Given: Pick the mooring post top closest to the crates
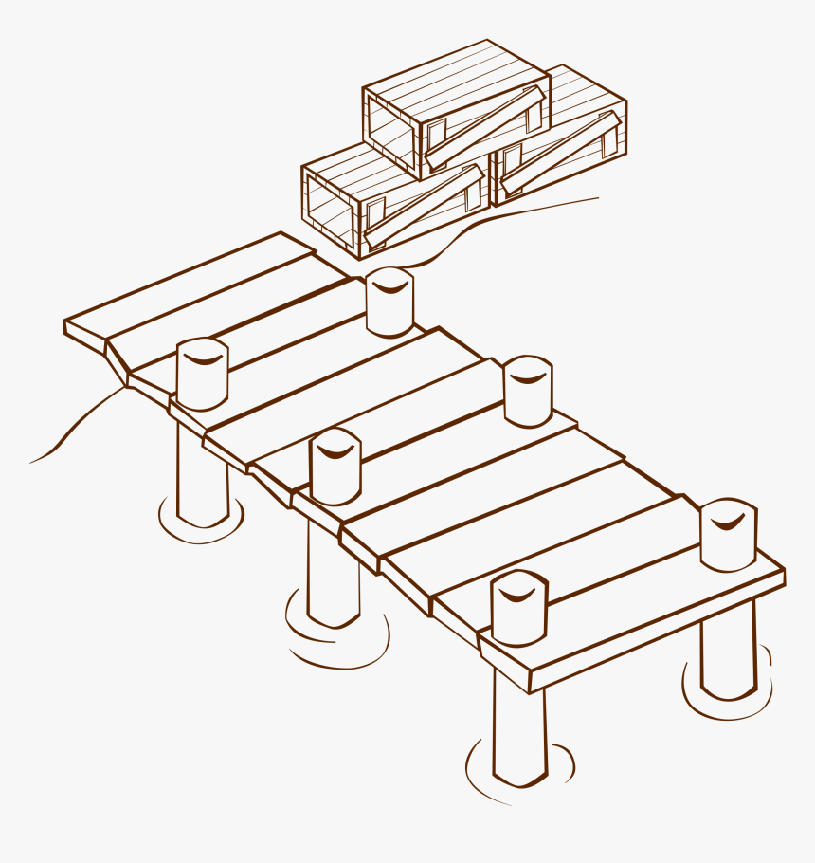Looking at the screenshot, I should point(389,302).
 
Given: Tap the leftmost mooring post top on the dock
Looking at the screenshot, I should point(202,373).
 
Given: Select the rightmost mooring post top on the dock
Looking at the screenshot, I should point(728,533).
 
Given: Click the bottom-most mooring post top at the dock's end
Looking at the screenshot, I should point(518,607).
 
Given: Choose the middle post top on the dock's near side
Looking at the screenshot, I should point(335,466).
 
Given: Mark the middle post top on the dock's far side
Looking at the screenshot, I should point(528,390).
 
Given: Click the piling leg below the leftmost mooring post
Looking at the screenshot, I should point(202,474).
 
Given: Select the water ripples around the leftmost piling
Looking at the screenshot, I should point(201,527).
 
